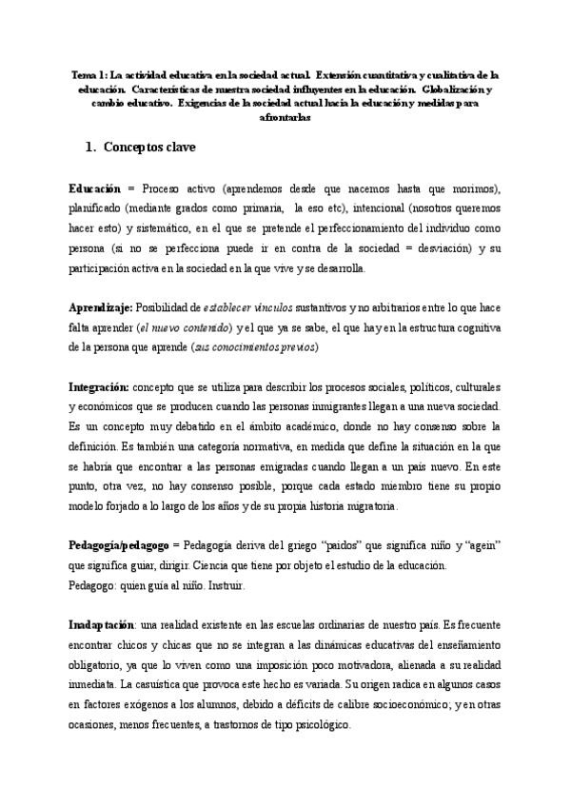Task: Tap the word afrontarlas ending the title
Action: [x=285, y=118]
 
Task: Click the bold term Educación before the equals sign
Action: [x=95, y=189]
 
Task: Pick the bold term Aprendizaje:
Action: [x=102, y=308]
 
